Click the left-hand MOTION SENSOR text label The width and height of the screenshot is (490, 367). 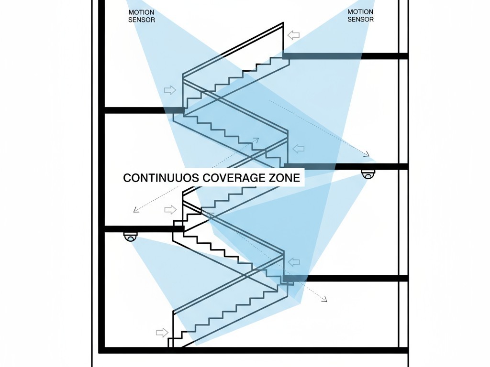pos(142,16)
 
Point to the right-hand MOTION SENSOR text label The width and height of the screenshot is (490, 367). pos(360,16)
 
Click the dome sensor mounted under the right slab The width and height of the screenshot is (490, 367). pos(368,174)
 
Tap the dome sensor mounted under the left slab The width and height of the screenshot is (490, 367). pos(131,237)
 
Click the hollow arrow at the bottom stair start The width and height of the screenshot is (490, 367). pos(162,332)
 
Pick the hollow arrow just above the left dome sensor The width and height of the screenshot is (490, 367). pos(170,209)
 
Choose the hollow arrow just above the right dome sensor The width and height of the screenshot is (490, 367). pos(298,149)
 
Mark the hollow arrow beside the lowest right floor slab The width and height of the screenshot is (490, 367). pos(293,262)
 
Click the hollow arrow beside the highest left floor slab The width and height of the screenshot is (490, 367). pos(170,90)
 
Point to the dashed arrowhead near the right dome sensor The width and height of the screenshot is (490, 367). pos(367,154)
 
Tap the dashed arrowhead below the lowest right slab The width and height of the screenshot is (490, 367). pos(324,299)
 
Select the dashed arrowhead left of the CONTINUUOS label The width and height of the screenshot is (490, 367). pos(136,209)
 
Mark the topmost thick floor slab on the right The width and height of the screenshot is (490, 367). pos(345,56)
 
